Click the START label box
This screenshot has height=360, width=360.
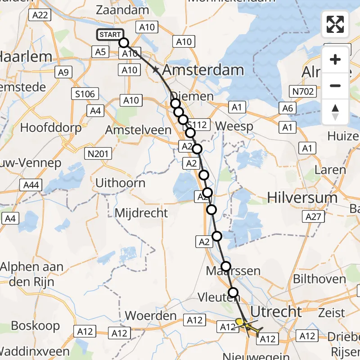click(110, 35)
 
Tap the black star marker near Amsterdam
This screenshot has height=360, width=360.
click(156, 70)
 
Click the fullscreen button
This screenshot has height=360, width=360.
click(335, 24)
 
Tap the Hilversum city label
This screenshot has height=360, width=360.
click(302, 198)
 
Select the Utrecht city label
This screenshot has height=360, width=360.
click(276, 311)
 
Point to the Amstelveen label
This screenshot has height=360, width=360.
click(138, 130)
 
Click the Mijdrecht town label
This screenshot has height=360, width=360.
click(141, 213)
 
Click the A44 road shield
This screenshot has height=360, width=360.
click(31, 184)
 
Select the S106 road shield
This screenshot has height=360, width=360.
click(85, 94)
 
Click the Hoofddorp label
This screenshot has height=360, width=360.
click(51, 127)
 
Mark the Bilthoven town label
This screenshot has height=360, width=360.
click(319, 279)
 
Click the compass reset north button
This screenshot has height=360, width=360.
click(335, 112)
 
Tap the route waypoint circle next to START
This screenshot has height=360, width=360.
click(124, 43)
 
